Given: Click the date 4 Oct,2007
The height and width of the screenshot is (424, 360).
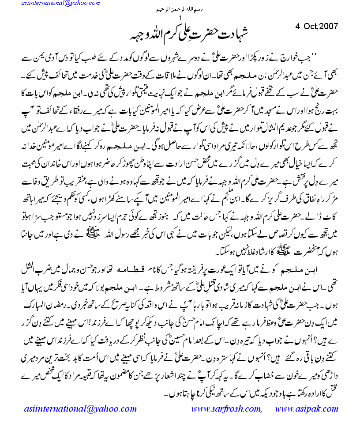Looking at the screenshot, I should (316, 26).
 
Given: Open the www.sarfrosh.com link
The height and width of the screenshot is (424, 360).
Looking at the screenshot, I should (226, 409).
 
